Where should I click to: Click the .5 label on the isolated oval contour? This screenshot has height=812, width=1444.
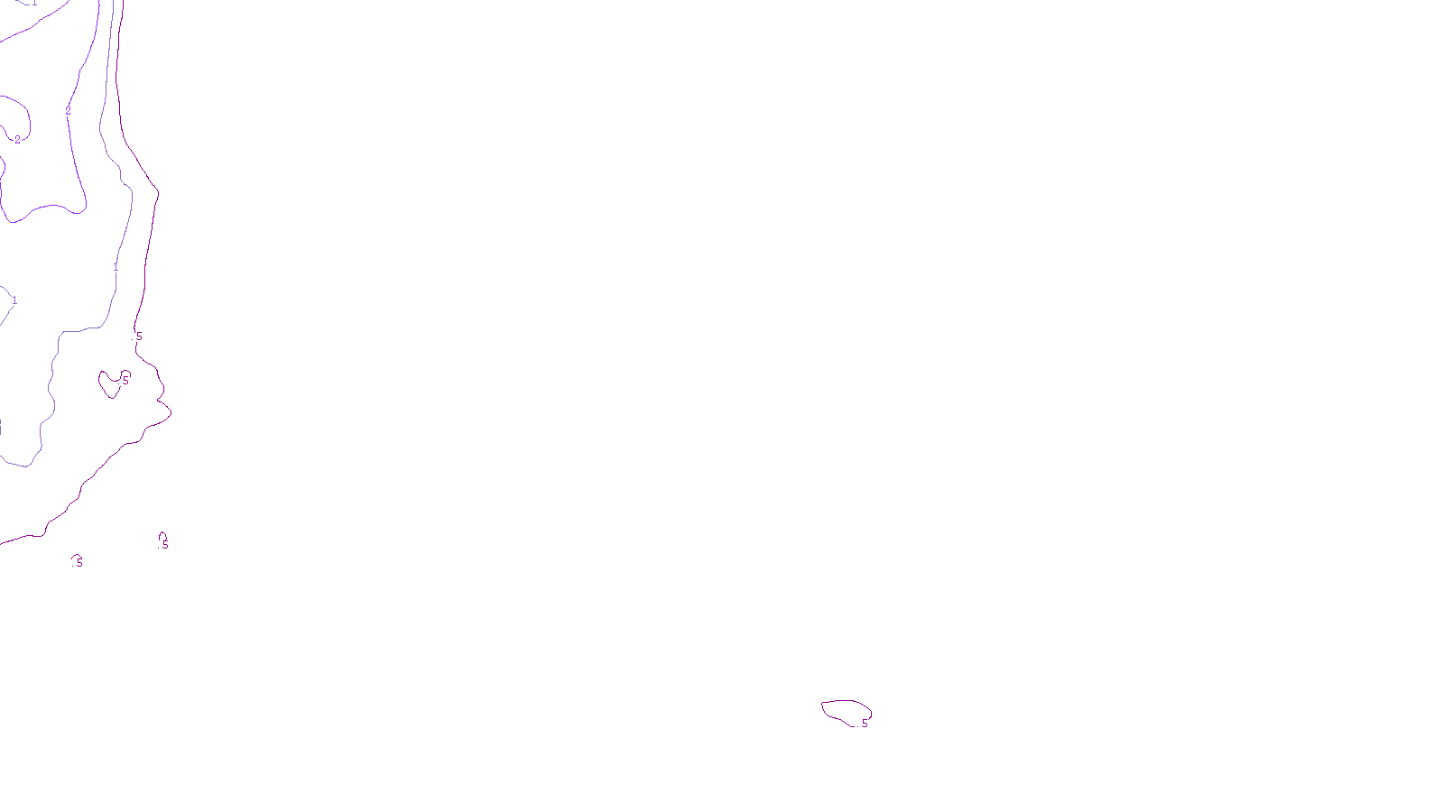(x=863, y=724)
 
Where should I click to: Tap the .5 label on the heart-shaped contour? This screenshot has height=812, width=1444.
(x=125, y=381)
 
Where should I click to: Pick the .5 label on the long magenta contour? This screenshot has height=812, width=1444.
(x=137, y=337)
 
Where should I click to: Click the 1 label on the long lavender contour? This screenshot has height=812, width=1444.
(x=116, y=267)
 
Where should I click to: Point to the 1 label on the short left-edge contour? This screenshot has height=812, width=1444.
(x=14, y=300)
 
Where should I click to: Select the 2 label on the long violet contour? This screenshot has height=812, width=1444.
(x=68, y=112)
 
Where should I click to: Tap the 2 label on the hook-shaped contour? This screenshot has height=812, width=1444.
(x=17, y=140)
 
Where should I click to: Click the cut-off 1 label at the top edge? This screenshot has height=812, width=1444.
(x=34, y=3)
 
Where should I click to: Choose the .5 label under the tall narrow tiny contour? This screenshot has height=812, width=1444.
(x=164, y=545)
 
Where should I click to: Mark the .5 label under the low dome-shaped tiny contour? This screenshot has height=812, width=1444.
(x=79, y=563)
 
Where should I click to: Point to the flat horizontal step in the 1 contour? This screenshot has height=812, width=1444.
(x=81, y=330)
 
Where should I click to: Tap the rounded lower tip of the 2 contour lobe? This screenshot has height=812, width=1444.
(x=77, y=211)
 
